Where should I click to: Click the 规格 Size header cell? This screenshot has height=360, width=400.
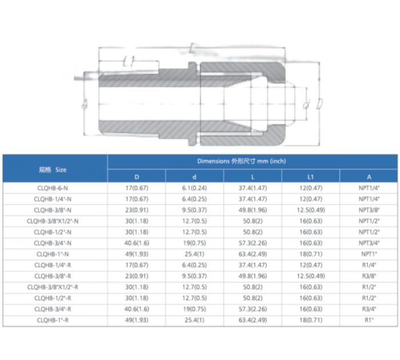tap(53, 169)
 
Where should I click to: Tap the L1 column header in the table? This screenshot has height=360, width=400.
tap(310, 177)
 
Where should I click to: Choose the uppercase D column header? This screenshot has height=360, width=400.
tap(136, 177)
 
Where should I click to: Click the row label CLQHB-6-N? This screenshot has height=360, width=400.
tap(53, 188)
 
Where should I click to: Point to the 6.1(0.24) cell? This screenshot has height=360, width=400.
tap(194, 188)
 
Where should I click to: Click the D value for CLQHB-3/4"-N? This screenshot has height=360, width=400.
tap(136, 242)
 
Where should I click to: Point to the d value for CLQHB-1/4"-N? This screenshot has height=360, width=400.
tap(194, 199)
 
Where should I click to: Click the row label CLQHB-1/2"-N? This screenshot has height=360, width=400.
tap(53, 231)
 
